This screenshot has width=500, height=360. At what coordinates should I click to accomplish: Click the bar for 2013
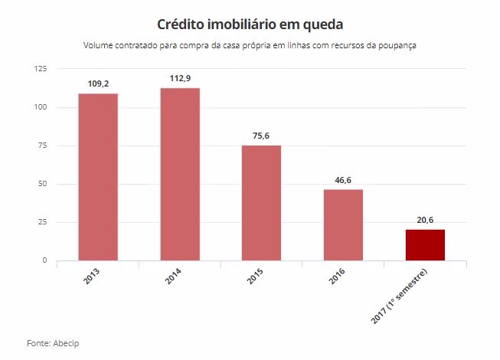pos(98,177)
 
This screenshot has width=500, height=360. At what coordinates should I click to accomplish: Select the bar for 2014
pos(180,174)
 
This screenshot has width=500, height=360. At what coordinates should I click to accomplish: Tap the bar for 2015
pos(261,203)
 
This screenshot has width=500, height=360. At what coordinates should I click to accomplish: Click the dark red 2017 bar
pos(425,245)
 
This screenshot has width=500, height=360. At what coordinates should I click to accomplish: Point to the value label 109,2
pos(98,83)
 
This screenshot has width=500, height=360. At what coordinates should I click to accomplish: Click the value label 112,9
pos(180,77)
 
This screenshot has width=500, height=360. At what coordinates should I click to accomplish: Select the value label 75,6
pos(261,136)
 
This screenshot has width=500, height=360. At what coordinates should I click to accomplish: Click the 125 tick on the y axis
pos(41,69)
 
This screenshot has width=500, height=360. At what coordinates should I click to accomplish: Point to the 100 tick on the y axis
pos(41,107)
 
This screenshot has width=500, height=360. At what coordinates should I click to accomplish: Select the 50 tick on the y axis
pos(43,184)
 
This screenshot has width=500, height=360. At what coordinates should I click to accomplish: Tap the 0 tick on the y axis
pos(45,260)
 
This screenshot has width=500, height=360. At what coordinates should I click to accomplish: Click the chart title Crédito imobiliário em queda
pos(250,25)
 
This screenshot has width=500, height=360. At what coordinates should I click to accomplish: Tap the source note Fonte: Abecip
pos(53,342)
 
